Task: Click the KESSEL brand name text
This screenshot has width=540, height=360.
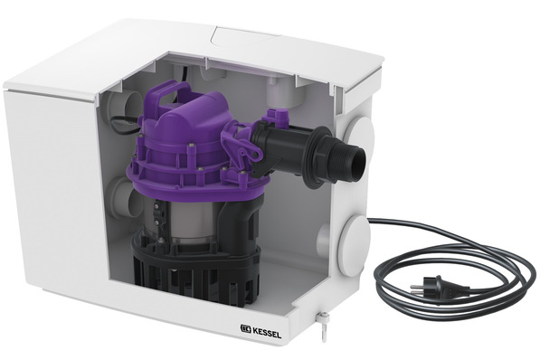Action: [x=267, y=334]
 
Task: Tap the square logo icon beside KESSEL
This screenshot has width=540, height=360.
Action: [x=245, y=330]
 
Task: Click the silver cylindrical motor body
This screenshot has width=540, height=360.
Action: [x=188, y=221]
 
